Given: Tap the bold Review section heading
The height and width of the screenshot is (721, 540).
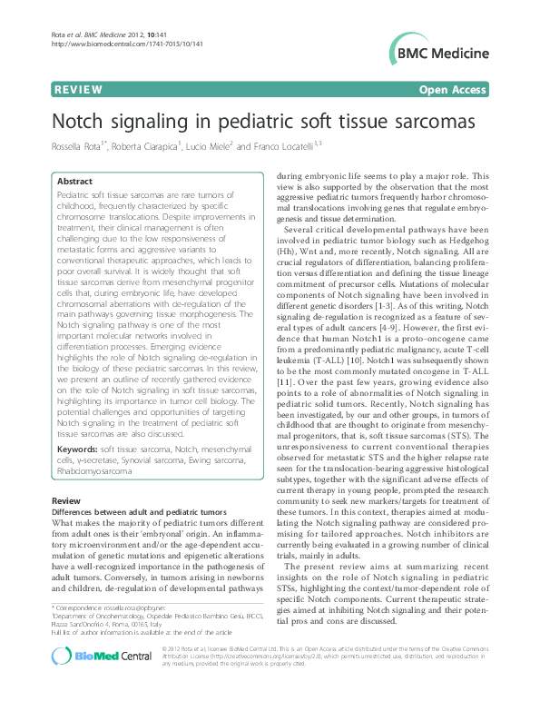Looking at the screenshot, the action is pyautogui.click(x=65, y=501).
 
